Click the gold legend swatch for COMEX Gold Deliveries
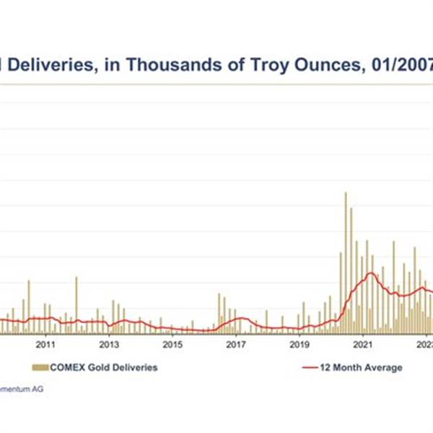(40, 367)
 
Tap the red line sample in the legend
(308, 367)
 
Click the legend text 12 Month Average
(361, 367)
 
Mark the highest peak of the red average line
(371, 273)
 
